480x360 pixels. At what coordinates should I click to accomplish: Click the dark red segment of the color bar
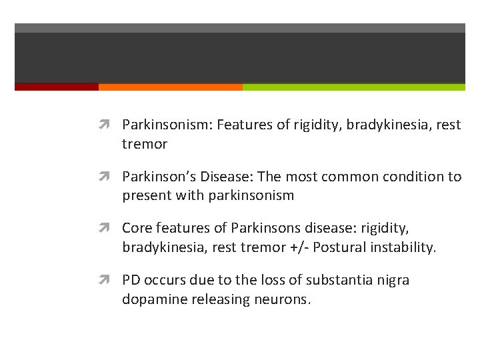click(x=56, y=87)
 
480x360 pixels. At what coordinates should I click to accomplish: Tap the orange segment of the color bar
click(x=170, y=87)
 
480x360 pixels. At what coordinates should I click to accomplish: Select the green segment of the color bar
click(x=353, y=87)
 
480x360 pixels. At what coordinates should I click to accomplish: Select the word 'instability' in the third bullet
click(x=403, y=248)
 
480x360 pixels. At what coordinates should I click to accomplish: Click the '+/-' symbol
click(x=297, y=248)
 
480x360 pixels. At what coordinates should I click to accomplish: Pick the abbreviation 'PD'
click(x=131, y=280)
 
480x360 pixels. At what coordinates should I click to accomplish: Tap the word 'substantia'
click(x=312, y=280)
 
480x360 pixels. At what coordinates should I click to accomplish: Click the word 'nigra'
click(x=391, y=280)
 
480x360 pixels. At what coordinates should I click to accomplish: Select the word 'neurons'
click(x=283, y=300)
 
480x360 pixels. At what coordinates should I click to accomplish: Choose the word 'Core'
click(x=136, y=228)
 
